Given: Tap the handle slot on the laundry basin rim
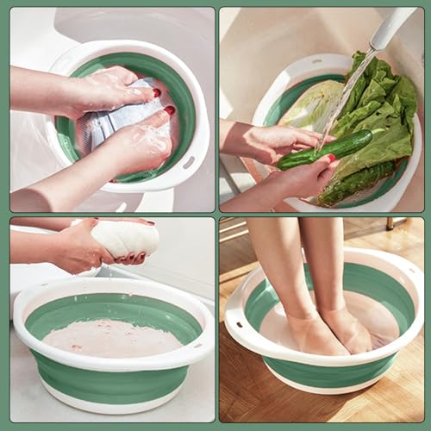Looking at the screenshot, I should pyautogui.click(x=188, y=161).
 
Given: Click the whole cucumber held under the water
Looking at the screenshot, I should pyautogui.click(x=324, y=149).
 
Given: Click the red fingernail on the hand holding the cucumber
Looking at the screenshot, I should pyautogui.click(x=331, y=158).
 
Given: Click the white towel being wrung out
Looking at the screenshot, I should pyautogui.click(x=125, y=239).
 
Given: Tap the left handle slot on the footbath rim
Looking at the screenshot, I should pyautogui.click(x=240, y=327).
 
